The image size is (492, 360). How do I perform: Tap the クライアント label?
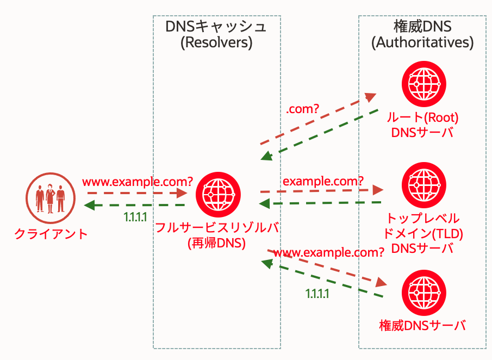[51, 234]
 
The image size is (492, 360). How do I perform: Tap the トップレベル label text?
[422, 219]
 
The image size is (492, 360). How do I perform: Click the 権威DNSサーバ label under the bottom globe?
[422, 326]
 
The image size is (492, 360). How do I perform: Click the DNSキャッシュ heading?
[216, 26]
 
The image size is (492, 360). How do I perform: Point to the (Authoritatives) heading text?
[422, 42]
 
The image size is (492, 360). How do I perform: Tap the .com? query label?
[302, 109]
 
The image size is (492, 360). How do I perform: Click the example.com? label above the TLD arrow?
[323, 180]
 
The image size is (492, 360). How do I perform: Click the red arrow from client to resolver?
[136, 193]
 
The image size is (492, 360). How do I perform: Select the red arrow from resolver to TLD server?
[321, 190]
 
